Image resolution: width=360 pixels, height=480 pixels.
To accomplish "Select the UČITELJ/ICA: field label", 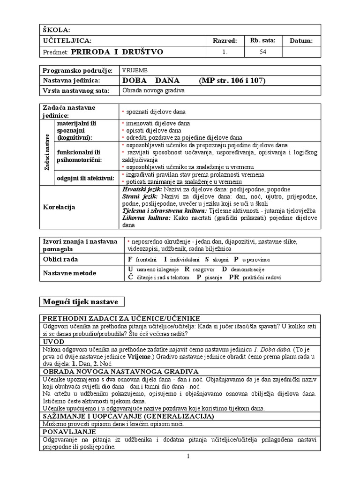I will tap(67, 41).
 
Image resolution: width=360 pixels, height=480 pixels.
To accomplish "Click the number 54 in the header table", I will tap(262, 52).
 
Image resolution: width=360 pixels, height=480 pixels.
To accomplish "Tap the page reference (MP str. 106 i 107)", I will tap(232, 80).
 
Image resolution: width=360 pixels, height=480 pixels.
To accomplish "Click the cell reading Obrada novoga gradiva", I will tap(153, 90).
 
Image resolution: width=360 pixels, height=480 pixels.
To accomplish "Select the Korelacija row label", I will tap(59, 206).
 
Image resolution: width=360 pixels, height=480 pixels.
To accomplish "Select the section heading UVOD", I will tap(53, 342).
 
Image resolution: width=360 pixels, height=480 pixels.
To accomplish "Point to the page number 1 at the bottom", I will tap(187, 457).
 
